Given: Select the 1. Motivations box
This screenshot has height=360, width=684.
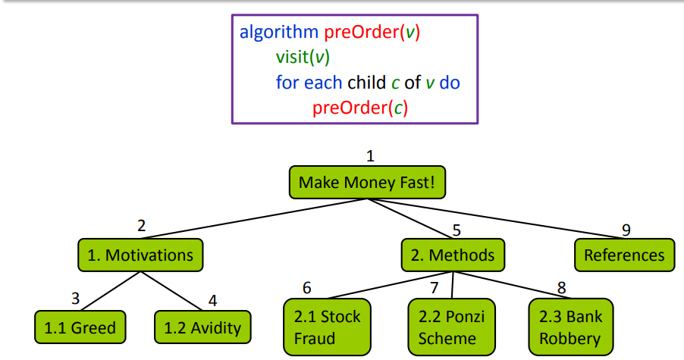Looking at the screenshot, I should pos(140,255).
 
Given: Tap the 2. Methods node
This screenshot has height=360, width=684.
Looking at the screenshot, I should pos(452,255).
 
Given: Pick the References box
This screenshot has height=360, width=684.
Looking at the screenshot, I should pos(623,255).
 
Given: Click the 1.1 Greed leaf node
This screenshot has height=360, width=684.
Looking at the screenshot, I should pos(80,327).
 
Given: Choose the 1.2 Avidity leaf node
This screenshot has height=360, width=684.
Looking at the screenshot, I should pos(202,327).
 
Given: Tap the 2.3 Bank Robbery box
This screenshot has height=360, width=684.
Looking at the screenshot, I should pos(570,326).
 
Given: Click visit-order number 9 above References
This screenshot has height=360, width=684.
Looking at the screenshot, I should pos(626,230).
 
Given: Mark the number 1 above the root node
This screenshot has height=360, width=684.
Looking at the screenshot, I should pos(370,157).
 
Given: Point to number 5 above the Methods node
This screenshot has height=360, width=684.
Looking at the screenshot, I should pos(457,230).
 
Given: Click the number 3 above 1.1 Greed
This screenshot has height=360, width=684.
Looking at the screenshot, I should pos(75,298).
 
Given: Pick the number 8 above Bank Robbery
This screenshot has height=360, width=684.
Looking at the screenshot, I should pos(562,288).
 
